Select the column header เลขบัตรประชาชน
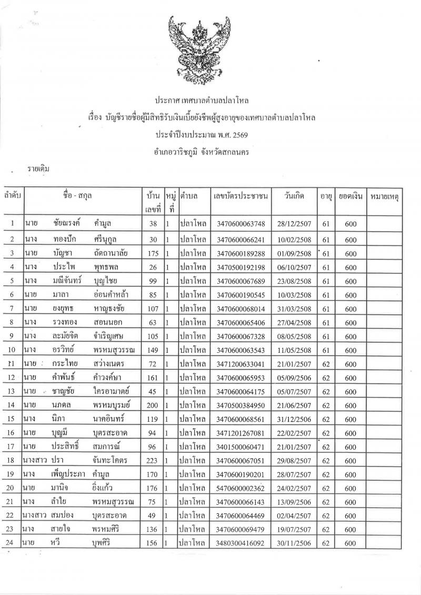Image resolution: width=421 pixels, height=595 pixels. [240, 196]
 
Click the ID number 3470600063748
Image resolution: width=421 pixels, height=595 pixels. [240, 224]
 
